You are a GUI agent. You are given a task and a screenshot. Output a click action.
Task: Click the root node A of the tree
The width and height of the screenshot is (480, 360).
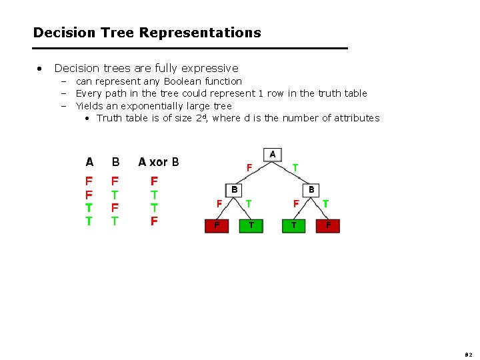(272, 155)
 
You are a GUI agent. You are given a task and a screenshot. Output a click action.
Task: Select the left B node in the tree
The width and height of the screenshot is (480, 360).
(235, 189)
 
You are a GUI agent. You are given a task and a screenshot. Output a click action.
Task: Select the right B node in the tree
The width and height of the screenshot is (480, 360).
(311, 189)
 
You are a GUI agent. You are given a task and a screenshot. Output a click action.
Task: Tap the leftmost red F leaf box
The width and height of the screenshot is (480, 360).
(216, 226)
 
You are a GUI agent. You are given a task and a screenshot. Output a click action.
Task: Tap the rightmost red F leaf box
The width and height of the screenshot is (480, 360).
(328, 226)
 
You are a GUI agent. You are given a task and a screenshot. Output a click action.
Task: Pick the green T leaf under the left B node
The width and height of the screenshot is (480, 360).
(251, 226)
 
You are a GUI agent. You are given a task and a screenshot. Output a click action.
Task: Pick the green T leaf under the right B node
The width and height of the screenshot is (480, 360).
(294, 226)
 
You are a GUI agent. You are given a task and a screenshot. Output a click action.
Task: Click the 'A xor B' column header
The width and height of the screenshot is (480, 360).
(159, 162)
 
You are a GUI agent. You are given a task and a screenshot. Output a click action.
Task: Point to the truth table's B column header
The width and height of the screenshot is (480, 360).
(116, 162)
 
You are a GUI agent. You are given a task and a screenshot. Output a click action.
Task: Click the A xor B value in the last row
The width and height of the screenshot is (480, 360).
(154, 221)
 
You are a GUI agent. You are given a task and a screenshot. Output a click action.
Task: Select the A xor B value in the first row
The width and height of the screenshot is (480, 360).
(154, 181)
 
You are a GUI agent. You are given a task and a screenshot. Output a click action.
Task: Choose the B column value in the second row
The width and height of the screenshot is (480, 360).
(115, 194)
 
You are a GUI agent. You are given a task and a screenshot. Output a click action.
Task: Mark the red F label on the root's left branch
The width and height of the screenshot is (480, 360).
(249, 168)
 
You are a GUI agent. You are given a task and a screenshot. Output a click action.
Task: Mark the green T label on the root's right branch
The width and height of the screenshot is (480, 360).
(295, 168)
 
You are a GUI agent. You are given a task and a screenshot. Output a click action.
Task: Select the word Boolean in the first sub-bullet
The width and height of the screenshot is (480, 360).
(182, 81)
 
